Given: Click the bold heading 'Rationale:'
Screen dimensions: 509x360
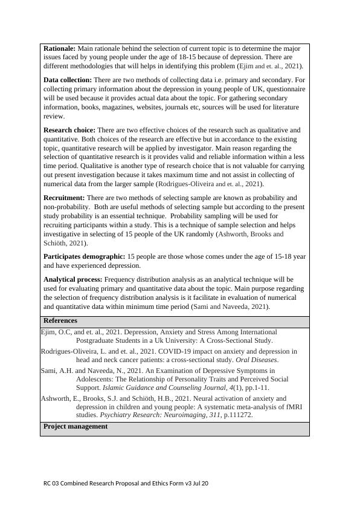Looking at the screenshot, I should pyautogui.click(x=59, y=48).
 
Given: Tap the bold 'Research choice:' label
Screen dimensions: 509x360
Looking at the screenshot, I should pyautogui.click(x=69, y=130).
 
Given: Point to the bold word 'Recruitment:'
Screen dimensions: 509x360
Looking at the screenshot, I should pyautogui.click(x=64, y=198).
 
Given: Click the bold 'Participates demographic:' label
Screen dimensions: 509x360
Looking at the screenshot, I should pyautogui.click(x=84, y=256).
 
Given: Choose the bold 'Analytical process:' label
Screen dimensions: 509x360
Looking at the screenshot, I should pyautogui.click(x=73, y=279).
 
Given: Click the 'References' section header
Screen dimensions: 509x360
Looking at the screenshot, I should pyautogui.click(x=60, y=320).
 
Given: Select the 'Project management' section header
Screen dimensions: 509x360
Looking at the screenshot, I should pyautogui.click(x=76, y=426).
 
